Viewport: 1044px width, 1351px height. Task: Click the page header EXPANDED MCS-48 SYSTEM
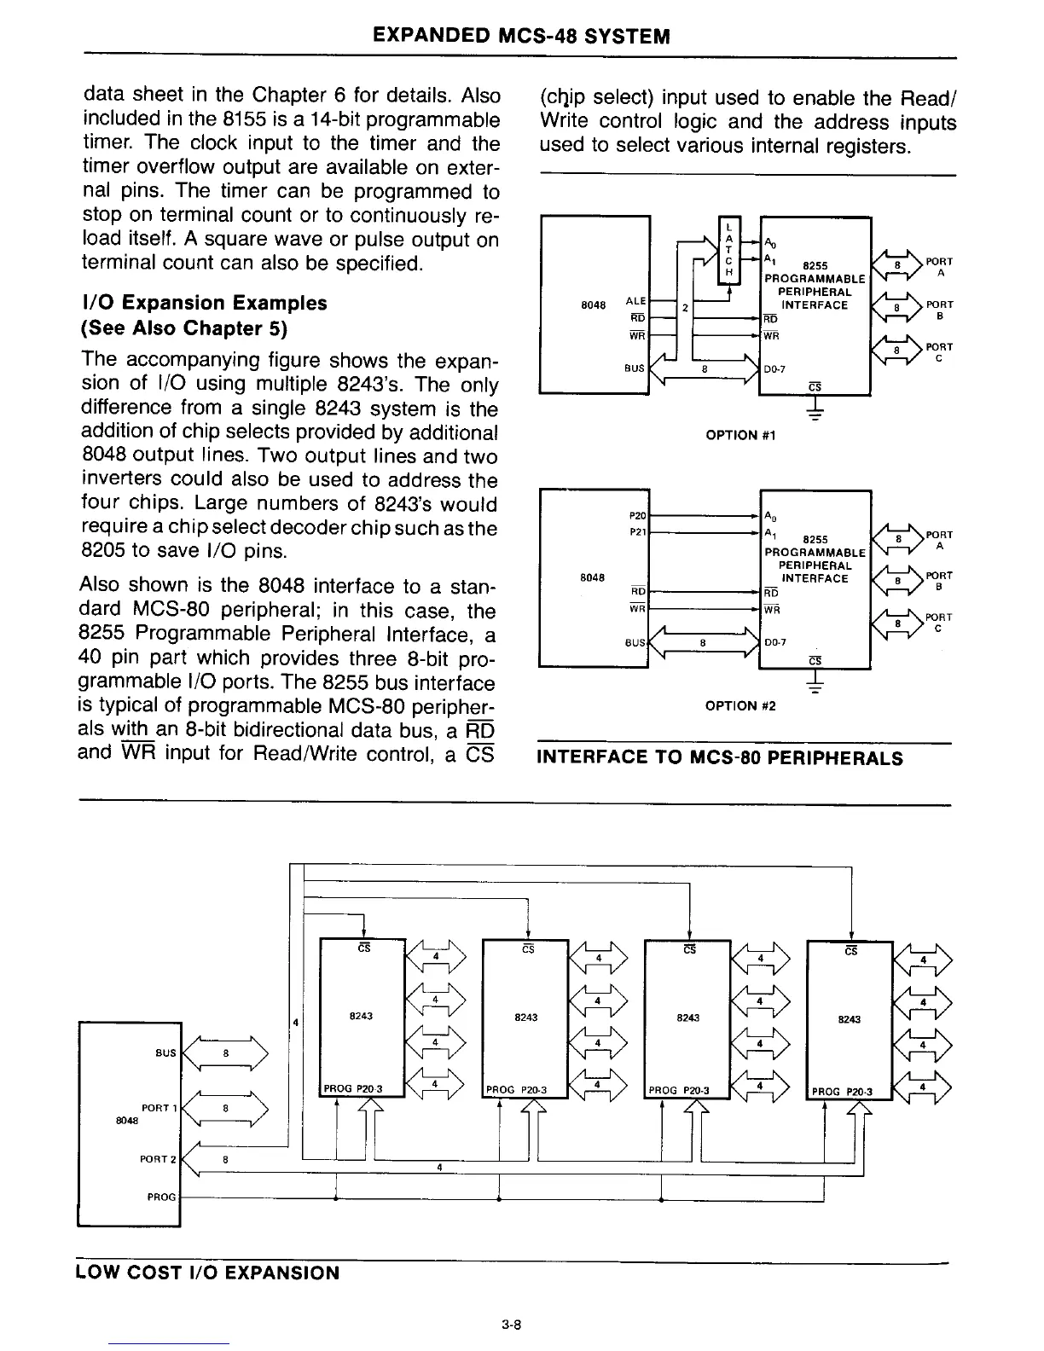pos(521,36)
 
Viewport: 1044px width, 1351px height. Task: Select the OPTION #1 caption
pos(741,436)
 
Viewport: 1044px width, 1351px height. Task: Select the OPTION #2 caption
pos(741,705)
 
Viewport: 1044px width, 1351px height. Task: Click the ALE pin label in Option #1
pos(635,301)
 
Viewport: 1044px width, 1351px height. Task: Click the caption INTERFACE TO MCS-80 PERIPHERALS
pos(719,758)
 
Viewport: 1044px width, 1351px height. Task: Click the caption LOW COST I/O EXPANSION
pos(208,1273)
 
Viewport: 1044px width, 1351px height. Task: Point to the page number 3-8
pos(512,1325)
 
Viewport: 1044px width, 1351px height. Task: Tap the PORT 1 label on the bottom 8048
pos(159,1107)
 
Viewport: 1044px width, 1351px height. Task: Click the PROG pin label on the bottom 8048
pos(161,1197)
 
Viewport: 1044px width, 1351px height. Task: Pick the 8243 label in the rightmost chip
pos(850,1019)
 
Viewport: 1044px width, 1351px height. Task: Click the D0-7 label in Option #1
pos(776,369)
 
